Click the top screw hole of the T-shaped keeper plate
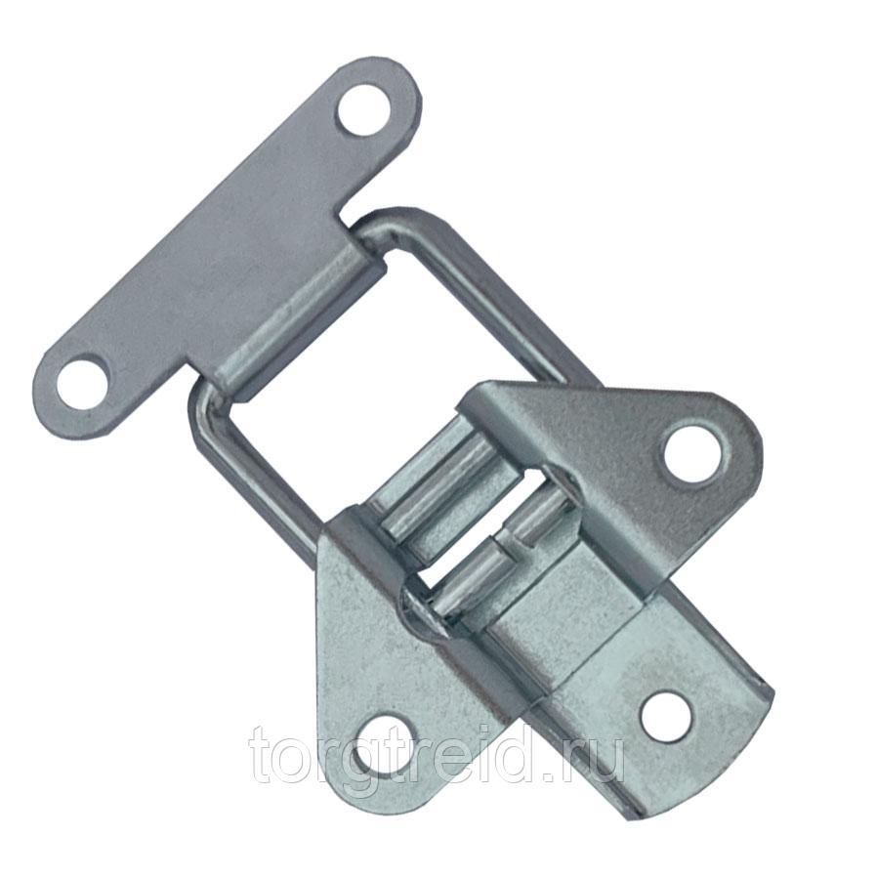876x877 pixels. [364, 109]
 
